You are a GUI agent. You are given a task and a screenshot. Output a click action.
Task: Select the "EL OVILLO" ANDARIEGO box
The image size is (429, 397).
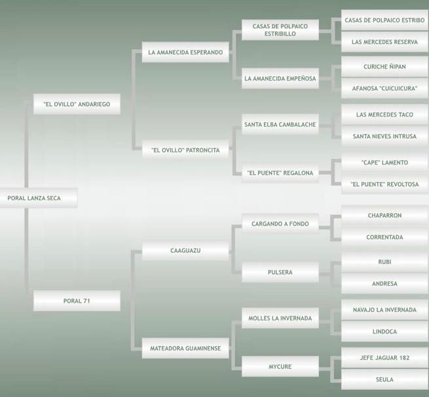pyautogui.click(x=77, y=104)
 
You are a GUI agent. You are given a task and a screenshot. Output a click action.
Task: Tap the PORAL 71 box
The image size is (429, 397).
pyautogui.click(x=77, y=301)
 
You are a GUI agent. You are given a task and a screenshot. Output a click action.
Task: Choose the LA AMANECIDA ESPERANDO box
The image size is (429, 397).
pyautogui.click(x=185, y=52)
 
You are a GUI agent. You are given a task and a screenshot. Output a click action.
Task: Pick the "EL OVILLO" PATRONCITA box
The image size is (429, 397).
pyautogui.click(x=185, y=150)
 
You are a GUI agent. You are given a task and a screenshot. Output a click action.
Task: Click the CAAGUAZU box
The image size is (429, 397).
pyautogui.click(x=185, y=250)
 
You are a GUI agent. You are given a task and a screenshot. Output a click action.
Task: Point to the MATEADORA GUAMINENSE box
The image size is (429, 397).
pyautogui.click(x=185, y=348)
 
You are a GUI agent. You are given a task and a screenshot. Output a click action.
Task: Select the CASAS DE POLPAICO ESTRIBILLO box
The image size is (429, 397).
pyautogui.click(x=280, y=30)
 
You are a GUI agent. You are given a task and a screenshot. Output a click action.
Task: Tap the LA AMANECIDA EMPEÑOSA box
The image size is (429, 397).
pyautogui.click(x=280, y=78)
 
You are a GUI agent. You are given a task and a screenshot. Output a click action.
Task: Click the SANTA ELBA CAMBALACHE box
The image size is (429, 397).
pyautogui.click(x=280, y=124)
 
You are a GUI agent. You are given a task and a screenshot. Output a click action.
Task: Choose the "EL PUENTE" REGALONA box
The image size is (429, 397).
pyautogui.click(x=280, y=173)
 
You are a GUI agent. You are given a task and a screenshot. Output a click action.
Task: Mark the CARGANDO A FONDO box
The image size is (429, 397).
pyautogui.click(x=280, y=224)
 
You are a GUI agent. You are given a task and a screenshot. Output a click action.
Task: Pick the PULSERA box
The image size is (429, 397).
pyautogui.click(x=280, y=272)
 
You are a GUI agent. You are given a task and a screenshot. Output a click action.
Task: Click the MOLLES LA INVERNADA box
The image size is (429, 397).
pyautogui.click(x=280, y=318)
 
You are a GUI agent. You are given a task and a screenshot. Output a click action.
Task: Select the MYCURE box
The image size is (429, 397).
pyautogui.click(x=280, y=366)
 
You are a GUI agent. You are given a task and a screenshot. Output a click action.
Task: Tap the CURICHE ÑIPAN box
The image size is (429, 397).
pyautogui.click(x=384, y=67)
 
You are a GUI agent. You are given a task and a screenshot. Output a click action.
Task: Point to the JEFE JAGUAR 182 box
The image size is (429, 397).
pyautogui.click(x=384, y=358)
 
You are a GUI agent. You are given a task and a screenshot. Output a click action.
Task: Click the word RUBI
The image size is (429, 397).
pyautogui.click(x=384, y=261)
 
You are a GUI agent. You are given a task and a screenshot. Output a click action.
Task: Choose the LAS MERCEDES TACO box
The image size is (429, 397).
pyautogui.click(x=384, y=115)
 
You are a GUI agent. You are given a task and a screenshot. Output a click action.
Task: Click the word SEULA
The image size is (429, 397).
pyautogui.click(x=384, y=379)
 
